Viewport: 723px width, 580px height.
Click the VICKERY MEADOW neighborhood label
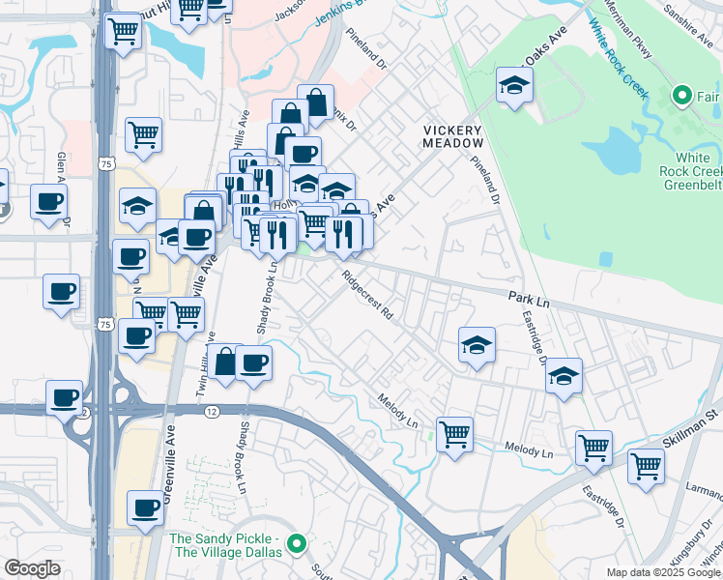[x=452, y=136]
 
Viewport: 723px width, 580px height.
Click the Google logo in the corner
[x=32, y=568]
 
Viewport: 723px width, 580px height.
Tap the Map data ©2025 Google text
[x=663, y=572]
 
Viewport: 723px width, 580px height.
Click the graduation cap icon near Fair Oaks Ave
[x=514, y=85]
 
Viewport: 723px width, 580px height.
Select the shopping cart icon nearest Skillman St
[x=646, y=466]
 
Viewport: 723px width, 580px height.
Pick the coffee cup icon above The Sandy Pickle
[x=146, y=507]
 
